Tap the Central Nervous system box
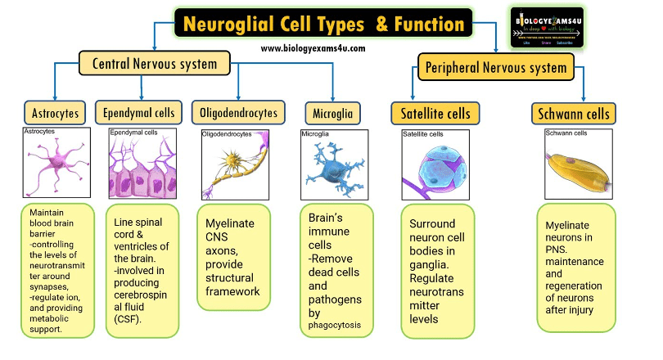[154, 63]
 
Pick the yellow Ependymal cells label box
[135, 112]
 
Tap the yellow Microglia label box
[333, 112]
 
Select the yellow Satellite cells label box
[435, 112]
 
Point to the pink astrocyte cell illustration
[56, 162]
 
